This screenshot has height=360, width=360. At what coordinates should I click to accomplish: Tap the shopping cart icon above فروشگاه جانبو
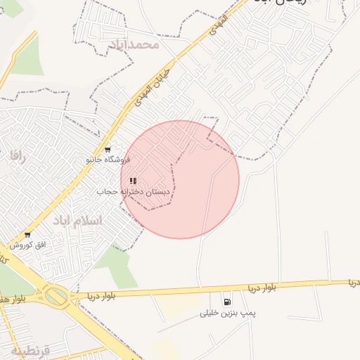pyautogui.click(x=107, y=149)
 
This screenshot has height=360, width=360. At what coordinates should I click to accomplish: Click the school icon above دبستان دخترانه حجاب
pyautogui.click(x=133, y=181)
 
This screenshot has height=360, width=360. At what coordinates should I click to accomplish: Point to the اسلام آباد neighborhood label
pyautogui.click(x=77, y=221)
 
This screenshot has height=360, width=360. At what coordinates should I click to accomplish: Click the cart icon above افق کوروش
pyautogui.click(x=27, y=235)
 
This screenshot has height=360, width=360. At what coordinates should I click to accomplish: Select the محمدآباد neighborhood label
pyautogui.click(x=136, y=45)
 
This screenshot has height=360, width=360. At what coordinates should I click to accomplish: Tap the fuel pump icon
pyautogui.click(x=226, y=302)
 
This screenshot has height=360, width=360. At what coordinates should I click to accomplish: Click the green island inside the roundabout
pyautogui.click(x=57, y=296)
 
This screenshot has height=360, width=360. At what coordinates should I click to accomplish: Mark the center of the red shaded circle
pyautogui.click(x=180, y=179)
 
